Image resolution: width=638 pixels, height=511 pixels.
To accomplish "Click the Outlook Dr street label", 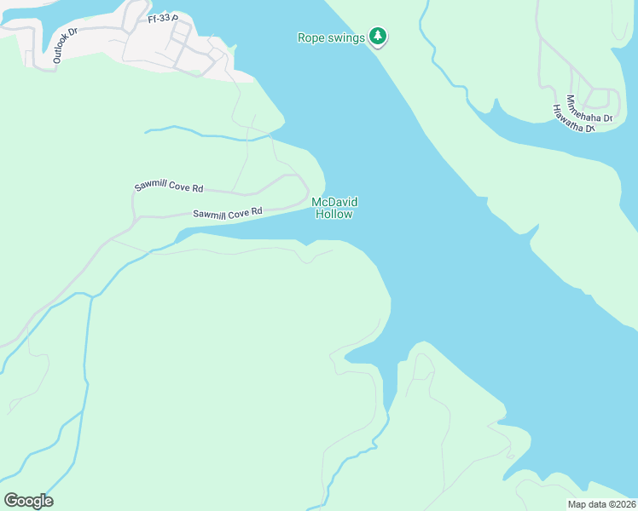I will pos(65,44).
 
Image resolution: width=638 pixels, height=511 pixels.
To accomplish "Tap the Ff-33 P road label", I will pos(162,17).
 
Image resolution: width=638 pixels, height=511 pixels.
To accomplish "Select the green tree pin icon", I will pos(378,37).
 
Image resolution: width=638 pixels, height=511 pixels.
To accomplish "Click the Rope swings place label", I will pos(331,37).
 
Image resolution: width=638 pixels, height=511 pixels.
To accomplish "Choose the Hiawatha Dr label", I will pos(573,119).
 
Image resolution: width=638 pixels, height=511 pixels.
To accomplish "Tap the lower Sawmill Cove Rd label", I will pos(226,212).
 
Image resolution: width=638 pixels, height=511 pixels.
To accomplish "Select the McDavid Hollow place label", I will pos(333,208).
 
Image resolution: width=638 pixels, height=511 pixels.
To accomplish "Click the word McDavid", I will pos(333,202).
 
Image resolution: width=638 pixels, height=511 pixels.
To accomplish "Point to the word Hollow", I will pos(333,215).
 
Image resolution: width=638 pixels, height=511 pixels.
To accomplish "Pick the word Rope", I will pos(309,37).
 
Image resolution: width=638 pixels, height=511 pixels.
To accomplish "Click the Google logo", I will pos(28,501).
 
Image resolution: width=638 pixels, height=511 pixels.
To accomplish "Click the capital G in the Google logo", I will pos(10,501).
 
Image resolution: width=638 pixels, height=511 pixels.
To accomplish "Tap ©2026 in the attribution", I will pos(622,504).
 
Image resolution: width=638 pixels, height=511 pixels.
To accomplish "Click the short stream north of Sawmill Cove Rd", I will pos(205,135).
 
